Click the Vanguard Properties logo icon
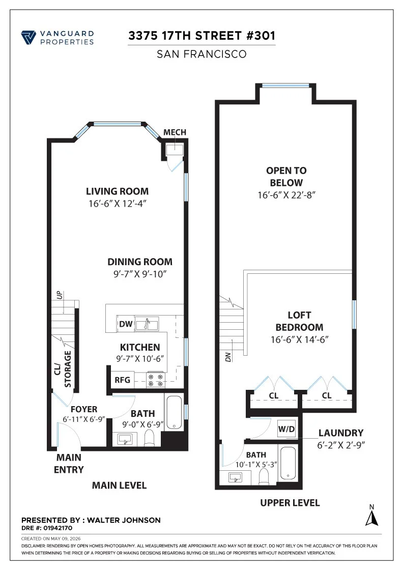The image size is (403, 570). coord(28,38)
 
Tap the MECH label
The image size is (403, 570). coord(175,132)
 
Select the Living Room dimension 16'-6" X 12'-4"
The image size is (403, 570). coord(118,204)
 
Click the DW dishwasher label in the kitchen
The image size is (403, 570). coord(126,324)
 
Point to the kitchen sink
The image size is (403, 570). coord(147,324)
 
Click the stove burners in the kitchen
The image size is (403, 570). coord(156,380)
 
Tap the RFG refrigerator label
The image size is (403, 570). coord(123,380)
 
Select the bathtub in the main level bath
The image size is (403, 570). coord(174,413)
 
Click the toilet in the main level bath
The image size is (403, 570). coord(150,438)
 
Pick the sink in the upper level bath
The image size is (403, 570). coord(236,477)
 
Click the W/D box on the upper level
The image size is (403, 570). coord(286,429)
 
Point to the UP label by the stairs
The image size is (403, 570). coord(60,295)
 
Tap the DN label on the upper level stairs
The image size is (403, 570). coord(228,357)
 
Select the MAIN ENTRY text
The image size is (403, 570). coord(69,464)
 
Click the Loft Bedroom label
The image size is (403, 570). coord(299,321)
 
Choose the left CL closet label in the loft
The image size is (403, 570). coord(274,395)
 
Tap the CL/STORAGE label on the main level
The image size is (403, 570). coord(63,369)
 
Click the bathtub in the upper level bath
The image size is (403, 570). coord(288,463)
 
